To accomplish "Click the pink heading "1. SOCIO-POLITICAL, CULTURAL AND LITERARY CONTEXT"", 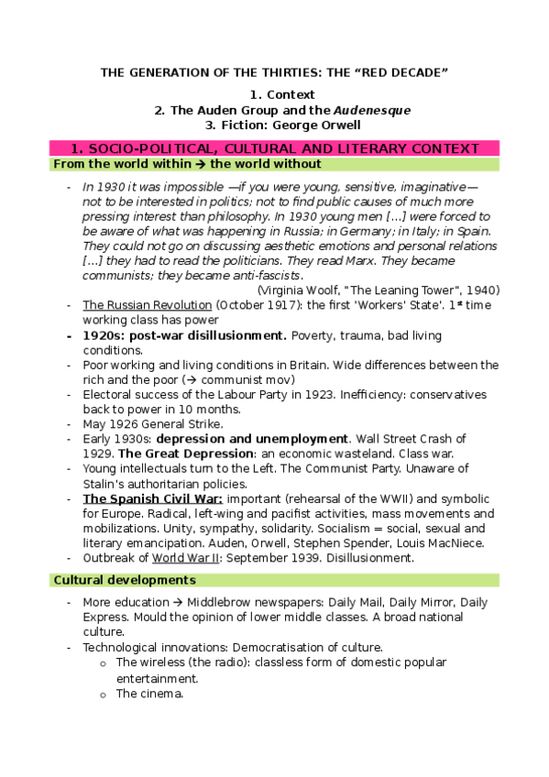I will pyautogui.click(x=274, y=148).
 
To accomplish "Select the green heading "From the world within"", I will pyautogui.click(x=128, y=164).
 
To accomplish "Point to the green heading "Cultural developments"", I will pyautogui.click(x=125, y=581).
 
